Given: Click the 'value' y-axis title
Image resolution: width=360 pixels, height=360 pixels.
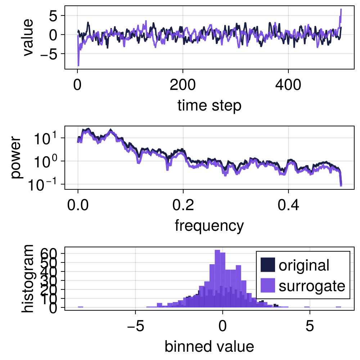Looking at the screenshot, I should (28, 37).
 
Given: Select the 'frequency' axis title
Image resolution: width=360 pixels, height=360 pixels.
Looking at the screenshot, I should (209, 226).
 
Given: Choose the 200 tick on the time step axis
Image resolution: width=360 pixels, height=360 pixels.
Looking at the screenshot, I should (183, 86).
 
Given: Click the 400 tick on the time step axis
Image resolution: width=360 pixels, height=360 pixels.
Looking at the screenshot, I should (288, 86).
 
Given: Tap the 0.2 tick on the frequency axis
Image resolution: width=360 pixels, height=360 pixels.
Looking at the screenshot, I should (183, 206).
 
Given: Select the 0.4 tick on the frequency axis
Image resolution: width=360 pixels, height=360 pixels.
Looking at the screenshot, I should (288, 206).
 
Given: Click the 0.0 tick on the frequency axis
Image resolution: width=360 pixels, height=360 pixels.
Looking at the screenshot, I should (78, 206).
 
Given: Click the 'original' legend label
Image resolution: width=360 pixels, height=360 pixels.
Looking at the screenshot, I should (304, 265).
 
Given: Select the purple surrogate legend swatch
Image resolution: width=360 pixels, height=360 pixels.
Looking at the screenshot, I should (267, 286).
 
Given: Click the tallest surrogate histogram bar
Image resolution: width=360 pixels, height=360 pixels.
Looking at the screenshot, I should (217, 279).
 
